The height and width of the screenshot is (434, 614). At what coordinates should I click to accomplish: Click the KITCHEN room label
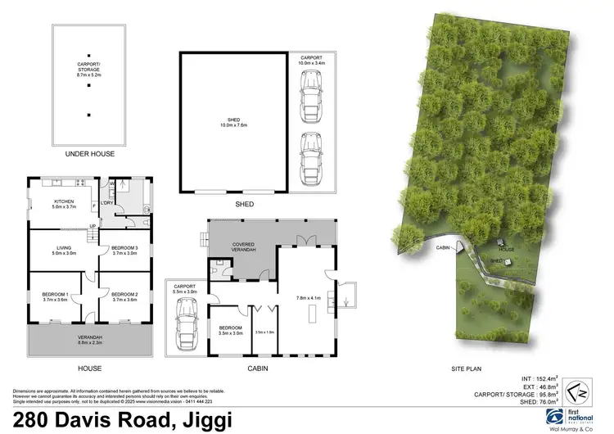pyautogui.click(x=65, y=204)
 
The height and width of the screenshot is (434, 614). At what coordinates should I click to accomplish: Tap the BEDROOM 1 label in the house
pyautogui.click(x=55, y=296)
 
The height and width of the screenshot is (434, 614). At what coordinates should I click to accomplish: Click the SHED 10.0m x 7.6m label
pyautogui.click(x=233, y=124)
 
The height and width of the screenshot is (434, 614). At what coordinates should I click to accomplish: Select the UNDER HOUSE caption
pyautogui.click(x=88, y=153)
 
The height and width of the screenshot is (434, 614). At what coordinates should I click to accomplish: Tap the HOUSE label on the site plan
pyautogui.click(x=508, y=250)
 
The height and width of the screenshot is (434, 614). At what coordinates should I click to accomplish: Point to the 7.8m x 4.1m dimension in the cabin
pyautogui.click(x=304, y=298)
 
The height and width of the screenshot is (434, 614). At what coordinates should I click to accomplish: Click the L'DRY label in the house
pyautogui.click(x=107, y=204)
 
